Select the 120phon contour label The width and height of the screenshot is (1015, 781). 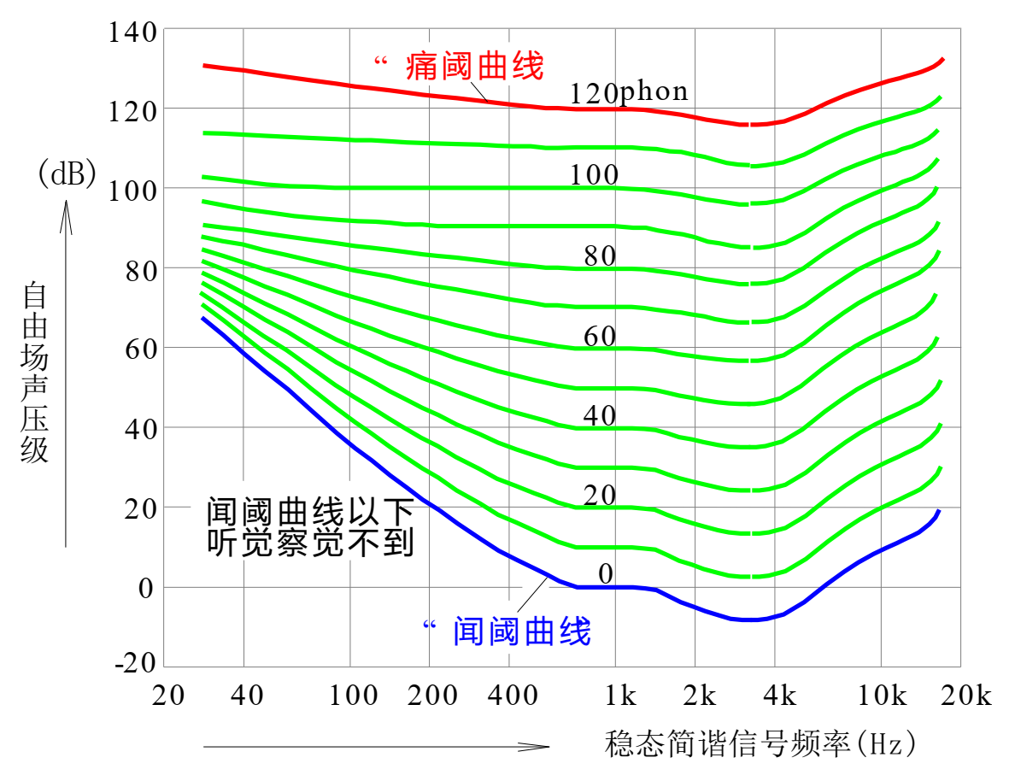[x=629, y=91]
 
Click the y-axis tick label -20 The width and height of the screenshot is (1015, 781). [x=134, y=664]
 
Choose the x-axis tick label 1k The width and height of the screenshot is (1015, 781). [x=620, y=696]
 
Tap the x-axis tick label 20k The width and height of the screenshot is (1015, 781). [x=965, y=696]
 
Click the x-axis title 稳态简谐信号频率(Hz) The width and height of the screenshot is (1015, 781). [x=760, y=743]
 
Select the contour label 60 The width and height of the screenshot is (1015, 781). [x=600, y=337]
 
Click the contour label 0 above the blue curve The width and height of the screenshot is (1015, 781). [x=606, y=574]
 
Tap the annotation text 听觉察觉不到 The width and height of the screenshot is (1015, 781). [x=311, y=543]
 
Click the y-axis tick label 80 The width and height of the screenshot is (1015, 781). [x=140, y=269]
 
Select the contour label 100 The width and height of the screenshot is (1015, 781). [x=595, y=175]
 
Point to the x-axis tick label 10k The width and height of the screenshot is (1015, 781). [x=882, y=696]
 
